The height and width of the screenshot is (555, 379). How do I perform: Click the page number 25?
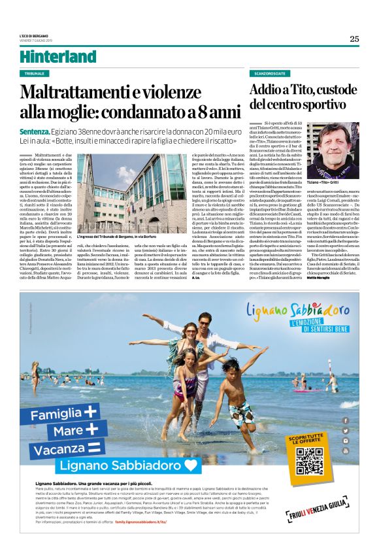coord(354,39)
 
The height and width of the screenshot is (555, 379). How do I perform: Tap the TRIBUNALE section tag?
coord(38,74)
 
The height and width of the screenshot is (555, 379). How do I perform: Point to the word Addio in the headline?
coord(268,91)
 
